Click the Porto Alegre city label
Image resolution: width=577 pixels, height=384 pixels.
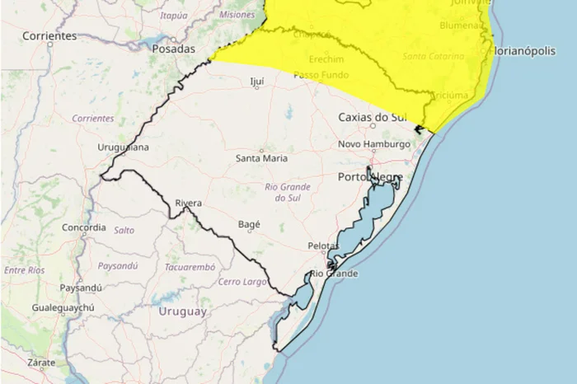coord(370,177)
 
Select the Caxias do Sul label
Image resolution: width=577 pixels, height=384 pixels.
coord(374,118)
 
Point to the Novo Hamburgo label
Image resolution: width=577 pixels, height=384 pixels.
coord(374,145)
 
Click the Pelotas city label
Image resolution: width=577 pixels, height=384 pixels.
coord(323,246)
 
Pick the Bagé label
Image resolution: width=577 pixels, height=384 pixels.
coord(249,224)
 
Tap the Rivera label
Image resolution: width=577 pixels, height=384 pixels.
coord(188,204)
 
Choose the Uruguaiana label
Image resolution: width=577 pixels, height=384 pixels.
coord(123,148)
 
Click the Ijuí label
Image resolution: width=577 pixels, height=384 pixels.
coord(257,82)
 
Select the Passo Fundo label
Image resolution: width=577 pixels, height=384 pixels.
coord(318,75)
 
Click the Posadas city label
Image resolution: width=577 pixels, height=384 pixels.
coord(174,49)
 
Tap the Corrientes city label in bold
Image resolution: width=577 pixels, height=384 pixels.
coord(49,36)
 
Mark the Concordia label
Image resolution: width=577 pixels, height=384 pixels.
coord(84,227)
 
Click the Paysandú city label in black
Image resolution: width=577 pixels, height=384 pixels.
coord(81,288)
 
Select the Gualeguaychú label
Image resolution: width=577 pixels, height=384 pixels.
coord(63,308)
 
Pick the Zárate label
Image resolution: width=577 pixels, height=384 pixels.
coord(40,363)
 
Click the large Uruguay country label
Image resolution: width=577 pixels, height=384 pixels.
coord(181,311)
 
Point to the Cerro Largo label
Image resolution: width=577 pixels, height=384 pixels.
coord(243,282)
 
